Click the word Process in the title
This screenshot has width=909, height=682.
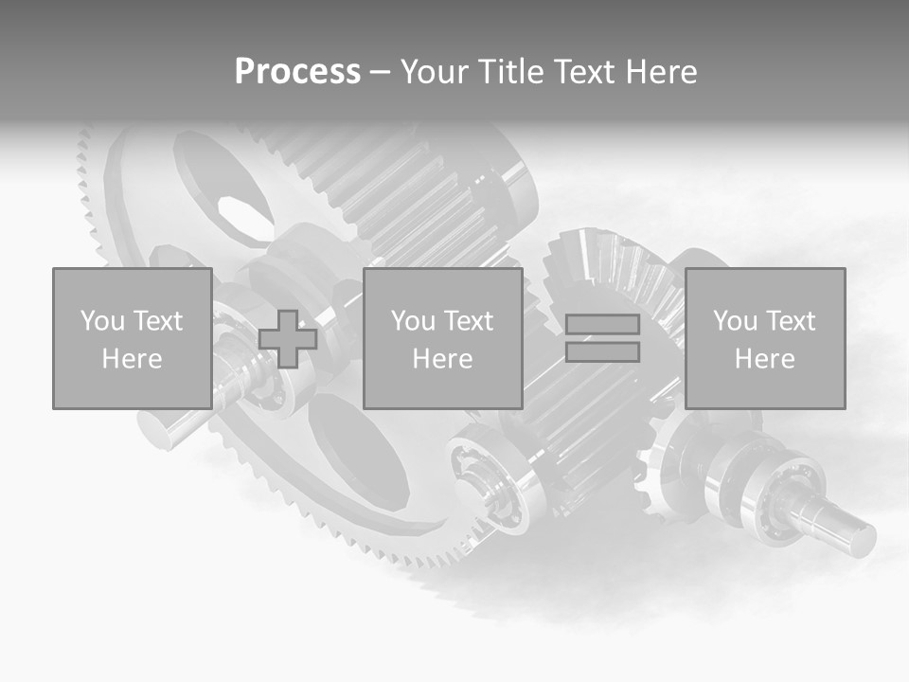(297, 72)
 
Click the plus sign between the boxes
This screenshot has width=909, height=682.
(288, 339)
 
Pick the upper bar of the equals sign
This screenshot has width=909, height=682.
(602, 325)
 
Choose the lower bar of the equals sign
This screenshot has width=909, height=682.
(602, 352)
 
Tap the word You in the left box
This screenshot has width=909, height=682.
(102, 321)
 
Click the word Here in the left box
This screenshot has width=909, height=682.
(132, 359)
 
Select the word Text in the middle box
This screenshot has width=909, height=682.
(469, 321)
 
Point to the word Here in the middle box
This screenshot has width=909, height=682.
(442, 359)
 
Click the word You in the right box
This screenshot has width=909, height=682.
(735, 321)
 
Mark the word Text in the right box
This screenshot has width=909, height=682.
(791, 321)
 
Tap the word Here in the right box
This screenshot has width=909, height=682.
(764, 359)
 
